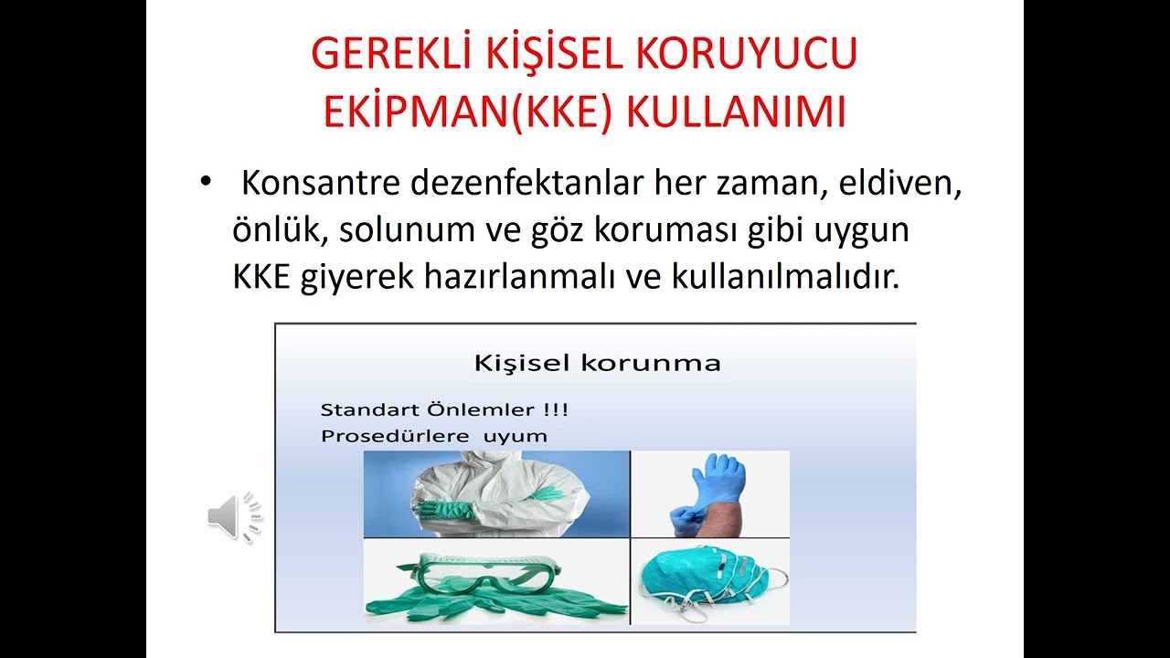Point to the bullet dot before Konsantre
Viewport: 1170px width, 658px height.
point(205,183)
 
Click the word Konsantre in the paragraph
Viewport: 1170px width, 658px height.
point(321,184)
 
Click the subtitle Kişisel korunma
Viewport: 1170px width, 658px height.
point(597,363)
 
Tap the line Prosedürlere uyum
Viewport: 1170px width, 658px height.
point(433,436)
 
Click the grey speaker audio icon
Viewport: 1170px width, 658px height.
point(233,517)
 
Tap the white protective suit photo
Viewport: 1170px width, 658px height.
point(495,493)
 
